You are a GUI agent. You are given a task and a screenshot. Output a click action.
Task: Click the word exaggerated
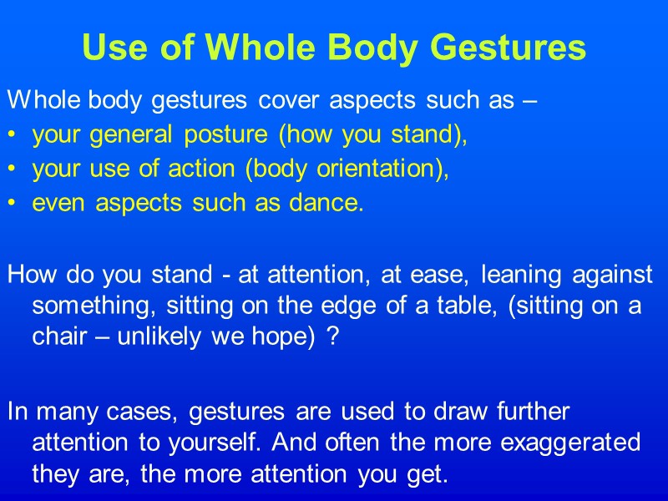(x=568, y=442)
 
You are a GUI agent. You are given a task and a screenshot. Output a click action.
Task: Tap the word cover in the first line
(x=281, y=102)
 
